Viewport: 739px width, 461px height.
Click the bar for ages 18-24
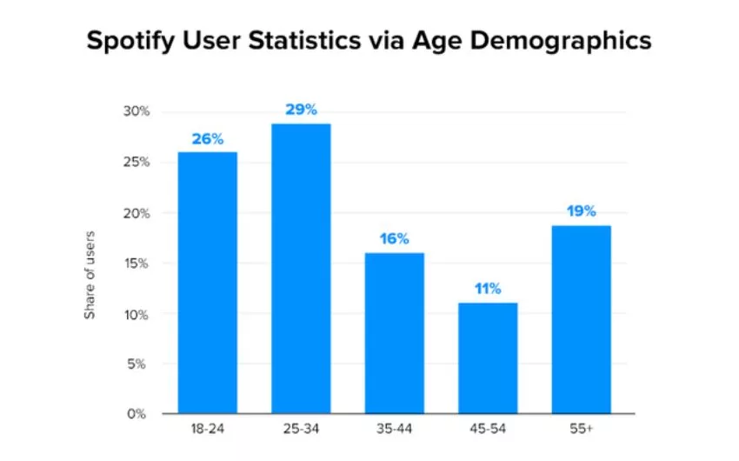208,283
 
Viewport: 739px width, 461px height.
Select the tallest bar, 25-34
301,269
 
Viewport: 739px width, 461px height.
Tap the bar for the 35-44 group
395,333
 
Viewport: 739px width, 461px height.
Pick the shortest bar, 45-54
488,358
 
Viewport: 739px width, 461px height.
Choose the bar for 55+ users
581,319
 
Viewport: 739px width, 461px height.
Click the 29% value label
301,110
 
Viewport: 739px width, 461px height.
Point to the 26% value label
208,139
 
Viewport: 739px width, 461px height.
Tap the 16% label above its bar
395,239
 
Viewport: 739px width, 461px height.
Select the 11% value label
488,289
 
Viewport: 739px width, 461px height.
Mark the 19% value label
581,211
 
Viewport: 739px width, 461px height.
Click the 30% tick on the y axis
136,111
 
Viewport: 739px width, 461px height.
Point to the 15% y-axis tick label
136,264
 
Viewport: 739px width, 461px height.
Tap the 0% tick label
136,414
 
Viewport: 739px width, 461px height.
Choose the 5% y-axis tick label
136,364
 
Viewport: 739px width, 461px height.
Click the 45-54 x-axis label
488,429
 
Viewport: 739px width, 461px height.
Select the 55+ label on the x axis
581,429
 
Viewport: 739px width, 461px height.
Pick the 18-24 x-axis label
208,429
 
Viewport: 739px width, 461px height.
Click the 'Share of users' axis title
90,275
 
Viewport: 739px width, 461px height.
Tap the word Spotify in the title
130,41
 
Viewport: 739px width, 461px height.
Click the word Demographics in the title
561,41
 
